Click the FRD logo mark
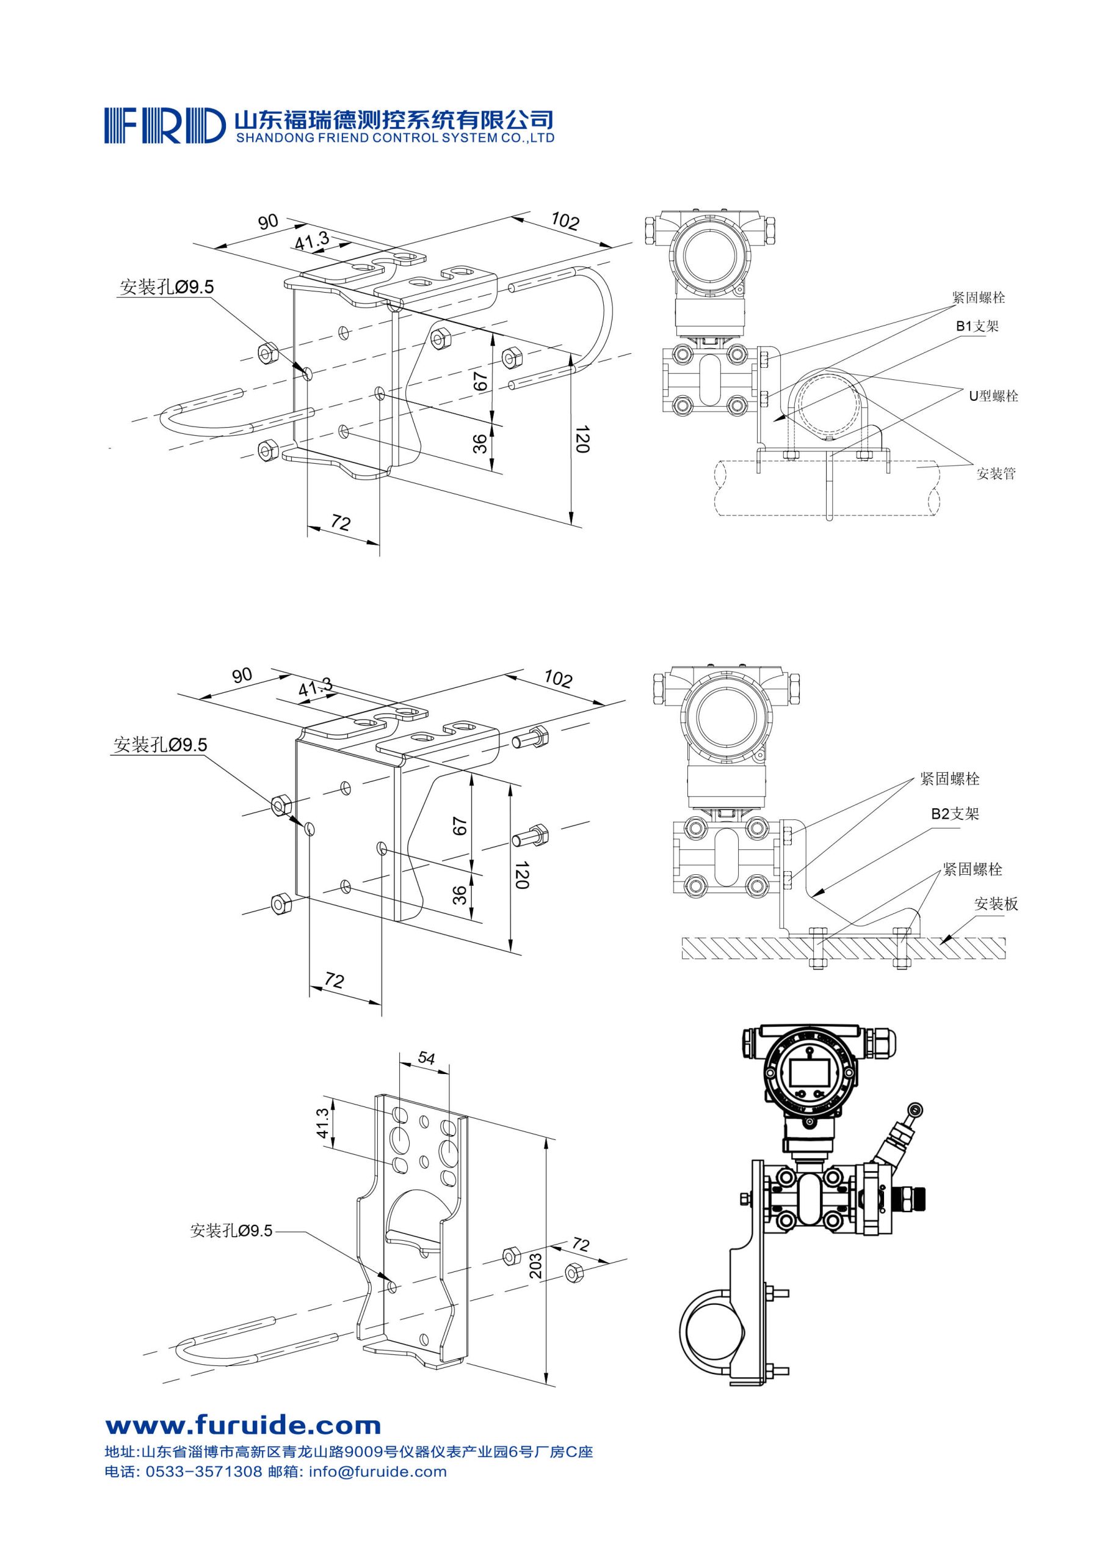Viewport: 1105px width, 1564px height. click(164, 124)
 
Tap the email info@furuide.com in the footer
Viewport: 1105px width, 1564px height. click(377, 1471)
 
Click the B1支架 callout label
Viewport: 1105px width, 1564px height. click(976, 326)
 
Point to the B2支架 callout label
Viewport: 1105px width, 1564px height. click(955, 813)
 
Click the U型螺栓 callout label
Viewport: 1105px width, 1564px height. click(993, 396)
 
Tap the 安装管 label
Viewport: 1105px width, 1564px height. click(995, 473)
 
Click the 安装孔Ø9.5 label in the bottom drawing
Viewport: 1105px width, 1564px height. click(231, 1231)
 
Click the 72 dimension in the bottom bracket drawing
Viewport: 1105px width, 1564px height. click(579, 1244)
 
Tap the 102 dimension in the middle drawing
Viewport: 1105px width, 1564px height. click(557, 679)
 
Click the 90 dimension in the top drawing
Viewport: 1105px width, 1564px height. click(268, 221)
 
